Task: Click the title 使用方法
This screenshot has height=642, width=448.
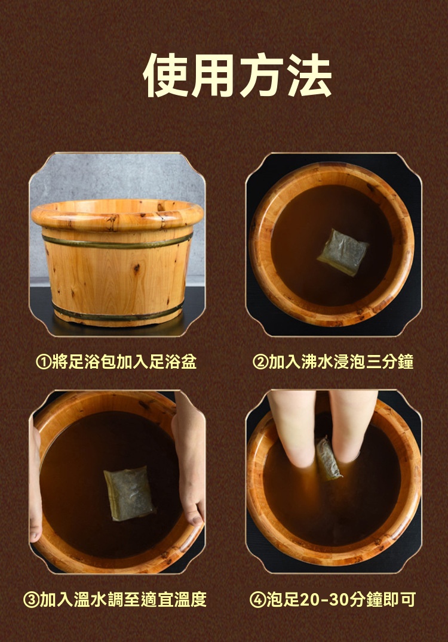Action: pos(237,76)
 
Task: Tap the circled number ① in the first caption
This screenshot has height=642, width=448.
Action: pos(44,362)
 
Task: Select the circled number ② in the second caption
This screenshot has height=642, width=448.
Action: pos(260,362)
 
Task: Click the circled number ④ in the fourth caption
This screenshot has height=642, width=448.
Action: pos(258,600)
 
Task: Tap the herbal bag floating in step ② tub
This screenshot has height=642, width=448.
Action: pos(343,252)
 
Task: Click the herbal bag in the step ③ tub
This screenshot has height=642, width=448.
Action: pos(129,493)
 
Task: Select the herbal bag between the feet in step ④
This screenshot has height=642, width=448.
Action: pos(328,459)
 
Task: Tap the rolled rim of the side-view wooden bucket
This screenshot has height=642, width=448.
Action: pos(117,215)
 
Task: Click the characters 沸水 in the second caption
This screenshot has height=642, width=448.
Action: pos(317,362)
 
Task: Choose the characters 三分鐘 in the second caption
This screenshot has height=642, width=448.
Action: pos(389,362)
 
